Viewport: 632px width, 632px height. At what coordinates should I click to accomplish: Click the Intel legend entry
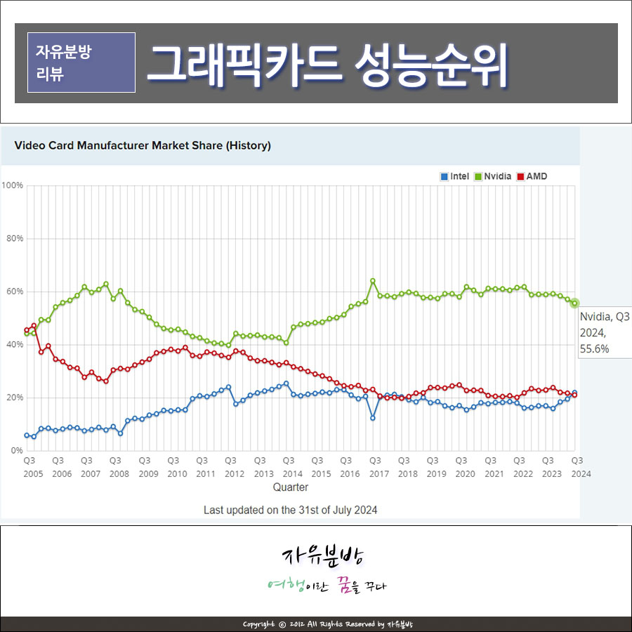pyautogui.click(x=455, y=176)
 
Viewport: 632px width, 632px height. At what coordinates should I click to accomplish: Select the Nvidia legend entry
pyautogui.click(x=493, y=176)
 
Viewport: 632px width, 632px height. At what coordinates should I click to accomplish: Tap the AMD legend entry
pyautogui.click(x=532, y=176)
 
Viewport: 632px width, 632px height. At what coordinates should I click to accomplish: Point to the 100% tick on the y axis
pyautogui.click(x=12, y=185)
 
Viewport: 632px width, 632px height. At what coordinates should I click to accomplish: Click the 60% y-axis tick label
pyautogui.click(x=15, y=291)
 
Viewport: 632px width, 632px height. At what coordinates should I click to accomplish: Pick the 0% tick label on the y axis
pyautogui.click(x=17, y=451)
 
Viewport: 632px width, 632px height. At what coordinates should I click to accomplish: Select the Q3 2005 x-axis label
pyautogui.click(x=33, y=467)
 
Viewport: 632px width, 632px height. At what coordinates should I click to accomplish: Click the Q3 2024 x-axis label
pyautogui.click(x=581, y=467)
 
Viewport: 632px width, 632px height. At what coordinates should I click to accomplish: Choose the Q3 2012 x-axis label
pyautogui.click(x=235, y=467)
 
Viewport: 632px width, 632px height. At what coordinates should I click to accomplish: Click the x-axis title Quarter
pyautogui.click(x=291, y=487)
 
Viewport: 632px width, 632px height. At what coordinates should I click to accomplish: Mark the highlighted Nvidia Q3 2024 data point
pyautogui.click(x=574, y=303)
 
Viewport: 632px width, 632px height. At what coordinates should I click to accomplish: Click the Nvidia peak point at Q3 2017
pyautogui.click(x=373, y=280)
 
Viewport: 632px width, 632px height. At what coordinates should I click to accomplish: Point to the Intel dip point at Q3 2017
pyautogui.click(x=373, y=418)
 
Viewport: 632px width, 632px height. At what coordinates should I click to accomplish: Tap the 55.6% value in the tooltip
pyautogui.click(x=594, y=348)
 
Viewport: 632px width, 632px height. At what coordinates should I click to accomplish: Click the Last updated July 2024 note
pyautogui.click(x=290, y=511)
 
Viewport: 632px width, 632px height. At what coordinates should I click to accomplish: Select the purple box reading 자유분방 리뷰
pyautogui.click(x=81, y=62)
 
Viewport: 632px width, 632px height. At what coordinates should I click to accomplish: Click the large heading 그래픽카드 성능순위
pyautogui.click(x=327, y=65)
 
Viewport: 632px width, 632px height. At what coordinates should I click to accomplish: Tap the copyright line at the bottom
pyautogui.click(x=328, y=624)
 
